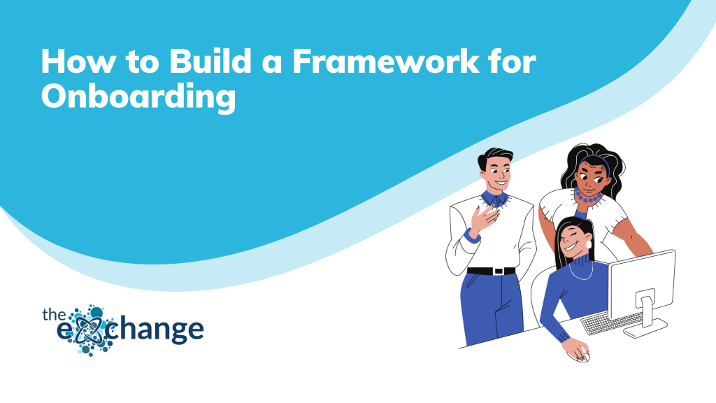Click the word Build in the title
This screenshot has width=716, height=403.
point(210,61)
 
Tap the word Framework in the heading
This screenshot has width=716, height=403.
point(386,61)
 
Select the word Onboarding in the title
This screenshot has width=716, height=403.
point(138,96)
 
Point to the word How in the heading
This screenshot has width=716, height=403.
point(78,61)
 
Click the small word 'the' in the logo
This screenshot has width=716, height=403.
point(55,314)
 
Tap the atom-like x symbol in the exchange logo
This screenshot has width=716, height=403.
point(89,330)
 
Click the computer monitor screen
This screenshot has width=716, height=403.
point(642,283)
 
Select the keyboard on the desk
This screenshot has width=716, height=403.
point(610,323)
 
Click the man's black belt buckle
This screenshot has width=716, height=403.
point(499,271)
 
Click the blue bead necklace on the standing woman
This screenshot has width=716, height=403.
point(587,197)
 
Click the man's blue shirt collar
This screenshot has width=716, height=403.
point(494,199)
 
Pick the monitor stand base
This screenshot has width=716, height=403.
point(645,328)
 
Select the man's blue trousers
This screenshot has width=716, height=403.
point(492,307)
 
